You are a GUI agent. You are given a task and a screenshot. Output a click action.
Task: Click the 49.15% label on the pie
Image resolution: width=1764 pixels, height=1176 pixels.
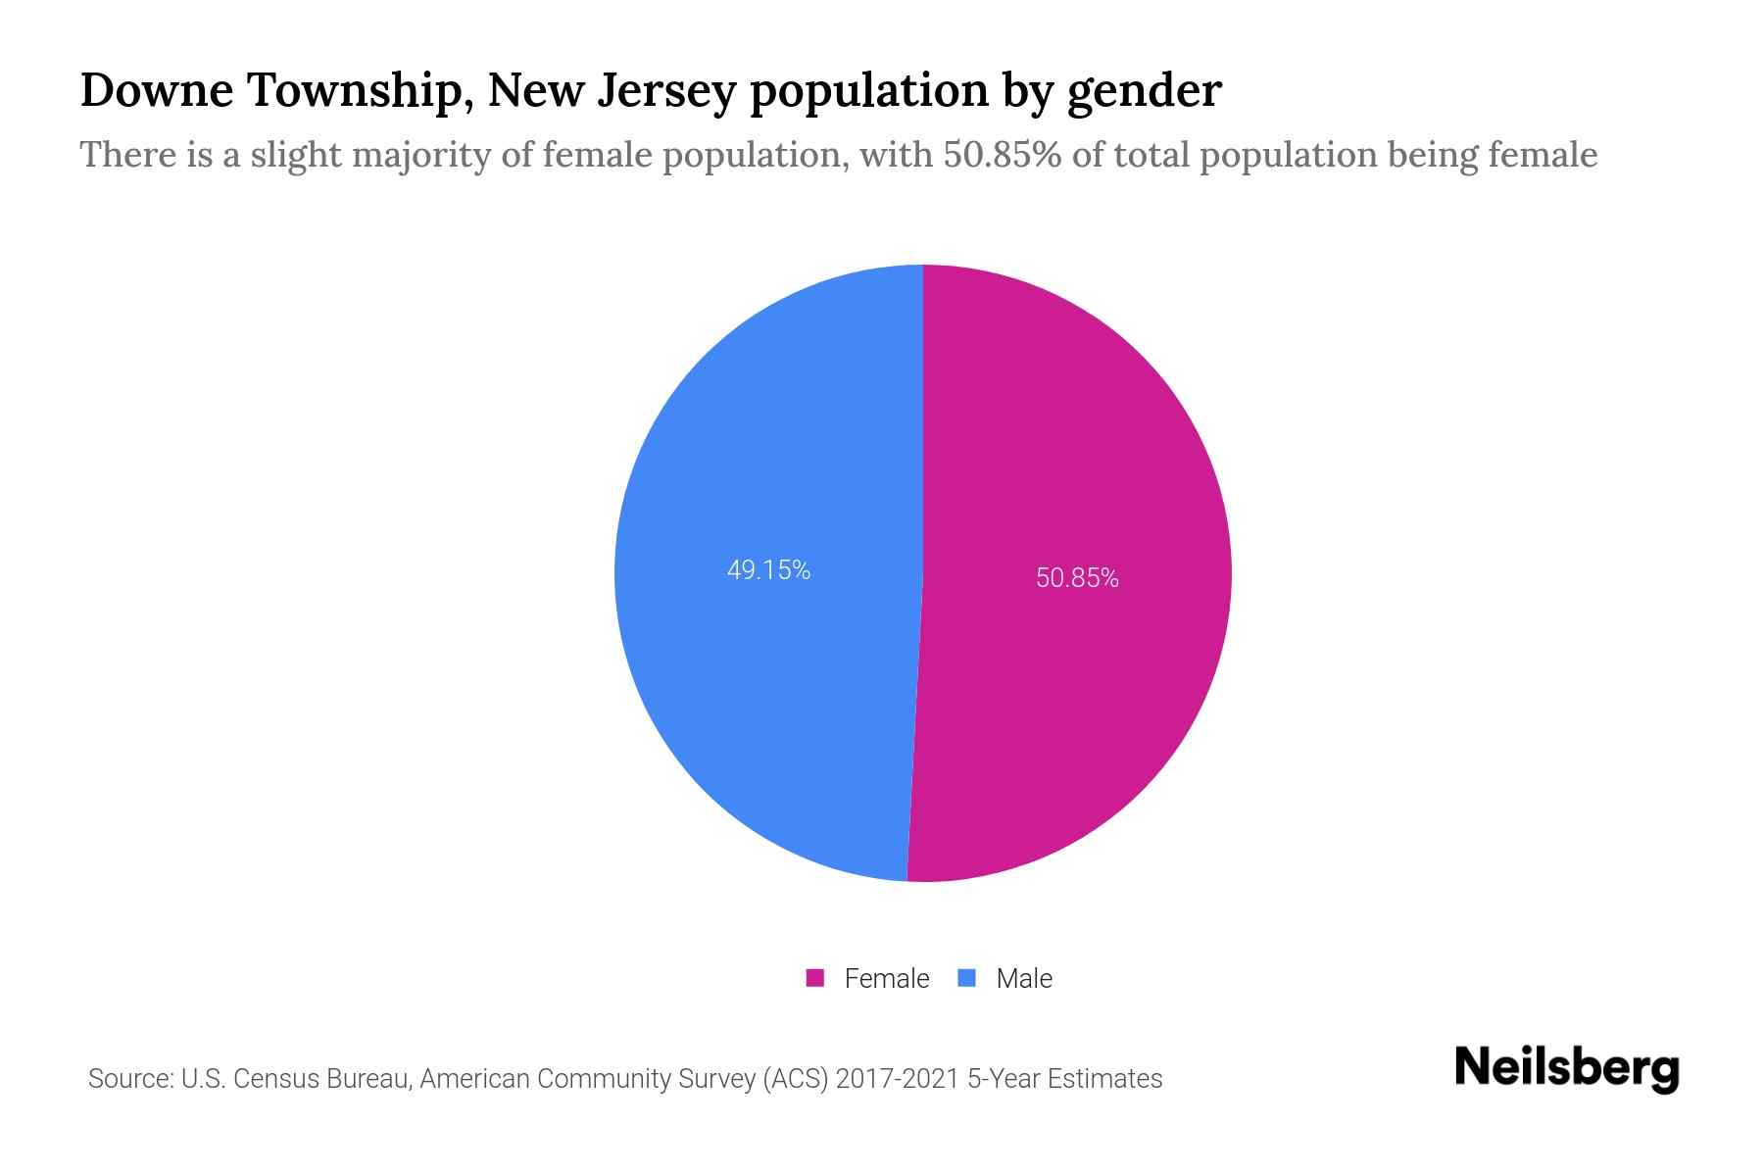pos(768,570)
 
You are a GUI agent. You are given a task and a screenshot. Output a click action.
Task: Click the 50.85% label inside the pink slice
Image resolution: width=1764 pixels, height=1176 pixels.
pos(1077,578)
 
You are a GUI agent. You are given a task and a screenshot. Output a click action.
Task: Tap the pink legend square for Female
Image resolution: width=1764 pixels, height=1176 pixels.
pos(815,978)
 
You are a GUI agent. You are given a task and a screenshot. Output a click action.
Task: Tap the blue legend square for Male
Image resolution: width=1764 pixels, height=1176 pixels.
pos(967,978)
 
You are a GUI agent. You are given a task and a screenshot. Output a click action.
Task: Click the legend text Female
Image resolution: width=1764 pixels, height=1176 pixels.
pos(886,978)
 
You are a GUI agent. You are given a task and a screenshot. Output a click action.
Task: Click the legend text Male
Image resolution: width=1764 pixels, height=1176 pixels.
pos(1023,978)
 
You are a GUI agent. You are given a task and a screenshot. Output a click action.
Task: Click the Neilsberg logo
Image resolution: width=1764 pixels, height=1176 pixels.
pos(1566,1068)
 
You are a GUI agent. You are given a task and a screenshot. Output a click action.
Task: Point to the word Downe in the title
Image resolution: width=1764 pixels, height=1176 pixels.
pos(157,90)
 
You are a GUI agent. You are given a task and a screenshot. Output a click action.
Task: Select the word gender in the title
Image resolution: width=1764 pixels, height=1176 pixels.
pos(1144,92)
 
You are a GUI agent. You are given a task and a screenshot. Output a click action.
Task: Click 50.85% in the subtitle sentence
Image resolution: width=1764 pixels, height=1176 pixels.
pos(1002,155)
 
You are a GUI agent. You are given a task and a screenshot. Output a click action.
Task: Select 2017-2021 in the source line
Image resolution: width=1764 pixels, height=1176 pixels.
pos(897,1079)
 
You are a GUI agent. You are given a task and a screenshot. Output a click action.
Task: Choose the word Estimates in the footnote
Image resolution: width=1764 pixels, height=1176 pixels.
pos(1104,1079)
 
